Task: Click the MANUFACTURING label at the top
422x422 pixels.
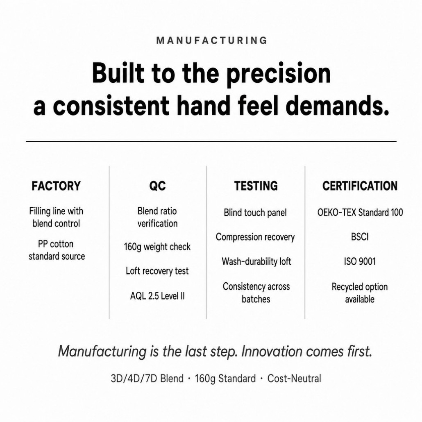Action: (x=211, y=41)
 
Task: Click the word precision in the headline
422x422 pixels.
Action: (x=278, y=73)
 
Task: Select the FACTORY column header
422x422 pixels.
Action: (x=56, y=186)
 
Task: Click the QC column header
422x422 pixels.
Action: (x=157, y=186)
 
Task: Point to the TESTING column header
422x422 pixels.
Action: (x=256, y=186)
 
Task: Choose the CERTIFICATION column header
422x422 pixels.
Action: (x=360, y=186)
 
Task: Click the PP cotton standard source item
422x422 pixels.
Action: (x=57, y=250)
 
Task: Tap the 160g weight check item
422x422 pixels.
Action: (x=157, y=247)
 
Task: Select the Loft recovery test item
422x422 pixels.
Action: (x=157, y=271)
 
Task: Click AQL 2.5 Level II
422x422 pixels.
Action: (x=157, y=296)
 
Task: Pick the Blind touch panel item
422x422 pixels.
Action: (x=255, y=213)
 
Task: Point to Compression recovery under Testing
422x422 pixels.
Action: (x=255, y=237)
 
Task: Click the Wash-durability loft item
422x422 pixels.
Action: (x=256, y=261)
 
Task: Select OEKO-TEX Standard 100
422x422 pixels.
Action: (x=360, y=212)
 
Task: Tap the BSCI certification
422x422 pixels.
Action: (x=360, y=237)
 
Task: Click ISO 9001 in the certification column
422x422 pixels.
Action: (x=360, y=261)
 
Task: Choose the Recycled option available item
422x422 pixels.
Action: (x=360, y=293)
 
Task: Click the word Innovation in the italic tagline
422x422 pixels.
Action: (x=272, y=351)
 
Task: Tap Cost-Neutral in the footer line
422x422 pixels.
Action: (x=294, y=379)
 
